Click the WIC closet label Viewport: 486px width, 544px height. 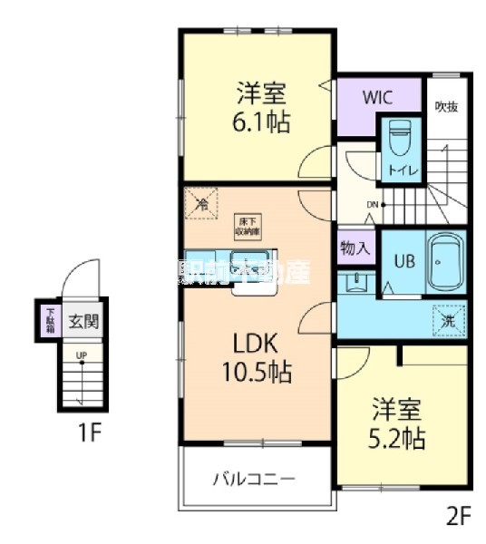(377, 96)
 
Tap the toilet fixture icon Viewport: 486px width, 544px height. (399, 138)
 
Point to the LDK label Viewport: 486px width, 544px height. (260, 344)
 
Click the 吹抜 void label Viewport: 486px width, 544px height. (445, 107)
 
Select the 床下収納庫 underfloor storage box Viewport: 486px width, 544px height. (248, 224)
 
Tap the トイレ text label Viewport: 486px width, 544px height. (399, 169)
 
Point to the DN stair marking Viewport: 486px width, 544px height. (373, 203)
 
